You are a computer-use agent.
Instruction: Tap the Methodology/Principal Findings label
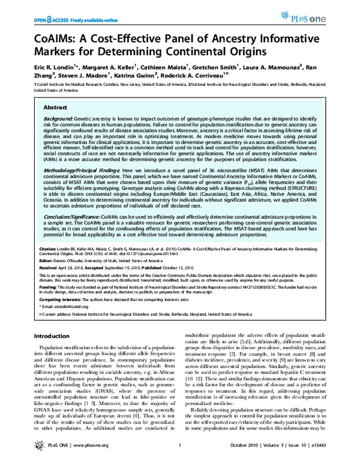tap(81, 171)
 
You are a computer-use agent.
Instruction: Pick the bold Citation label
tap(47, 247)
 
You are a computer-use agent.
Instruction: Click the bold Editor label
tap(46, 260)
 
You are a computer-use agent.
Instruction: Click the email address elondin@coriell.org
tap(68, 305)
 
